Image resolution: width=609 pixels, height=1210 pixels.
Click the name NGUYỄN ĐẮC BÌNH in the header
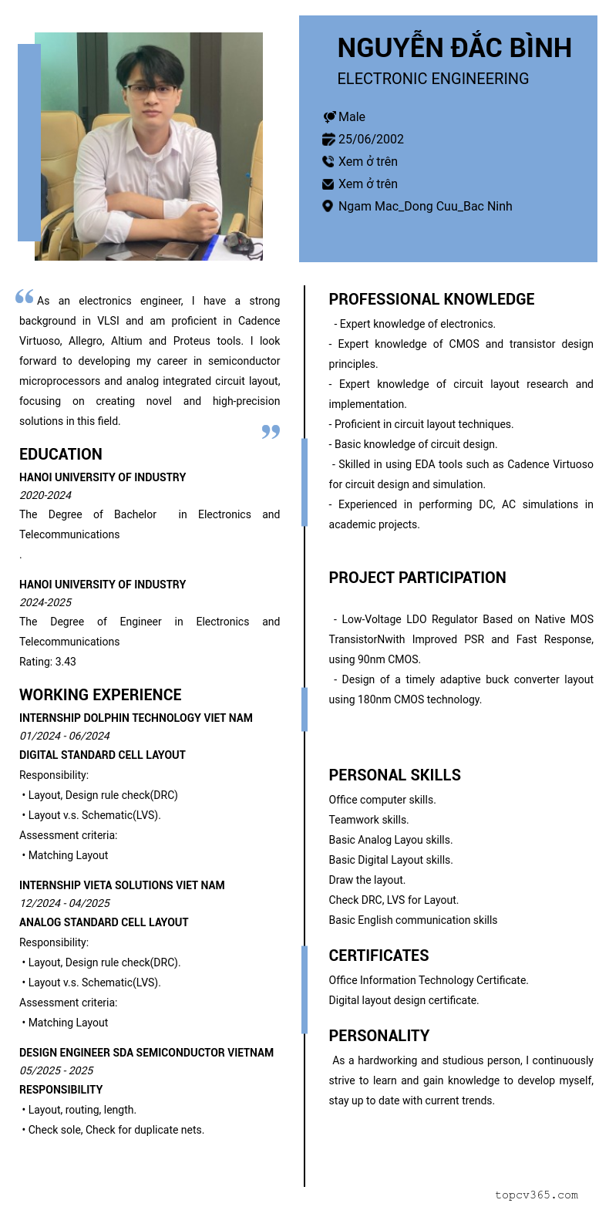pyautogui.click(x=454, y=48)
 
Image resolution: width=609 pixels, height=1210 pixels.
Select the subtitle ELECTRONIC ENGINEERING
pyautogui.click(x=432, y=79)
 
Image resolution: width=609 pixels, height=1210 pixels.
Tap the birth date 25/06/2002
pyautogui.click(x=371, y=139)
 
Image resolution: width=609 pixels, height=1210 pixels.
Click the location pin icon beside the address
pyautogui.click(x=328, y=206)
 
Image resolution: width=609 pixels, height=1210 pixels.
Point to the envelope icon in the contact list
pyautogui.click(x=328, y=184)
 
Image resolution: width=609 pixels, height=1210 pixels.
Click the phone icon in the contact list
pyautogui.click(x=328, y=161)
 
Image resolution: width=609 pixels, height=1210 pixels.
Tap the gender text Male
pyautogui.click(x=352, y=116)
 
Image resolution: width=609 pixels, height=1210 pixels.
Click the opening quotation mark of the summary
pyautogui.click(x=25, y=296)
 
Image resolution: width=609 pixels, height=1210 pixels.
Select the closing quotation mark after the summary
pyautogui.click(x=271, y=431)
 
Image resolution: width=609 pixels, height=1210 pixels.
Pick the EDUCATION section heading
pyautogui.click(x=61, y=454)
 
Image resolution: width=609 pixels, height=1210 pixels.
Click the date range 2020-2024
pyautogui.click(x=45, y=495)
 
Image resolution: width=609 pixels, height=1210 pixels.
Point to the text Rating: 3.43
pyautogui.click(x=48, y=662)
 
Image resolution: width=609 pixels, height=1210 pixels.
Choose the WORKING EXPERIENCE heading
pyautogui.click(x=100, y=695)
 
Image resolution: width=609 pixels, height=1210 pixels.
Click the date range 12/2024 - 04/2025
pyautogui.click(x=65, y=903)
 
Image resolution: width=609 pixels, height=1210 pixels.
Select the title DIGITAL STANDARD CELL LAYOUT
pyautogui.click(x=103, y=755)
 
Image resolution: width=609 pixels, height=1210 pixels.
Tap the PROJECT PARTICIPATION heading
pyautogui.click(x=417, y=578)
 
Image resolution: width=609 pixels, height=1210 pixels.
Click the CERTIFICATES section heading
pyautogui.click(x=379, y=956)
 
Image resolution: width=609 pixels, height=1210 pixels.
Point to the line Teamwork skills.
pyautogui.click(x=368, y=820)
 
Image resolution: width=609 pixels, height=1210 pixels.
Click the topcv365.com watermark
pyautogui.click(x=537, y=1195)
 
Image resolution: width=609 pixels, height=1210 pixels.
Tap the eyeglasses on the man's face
pyautogui.click(x=151, y=89)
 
